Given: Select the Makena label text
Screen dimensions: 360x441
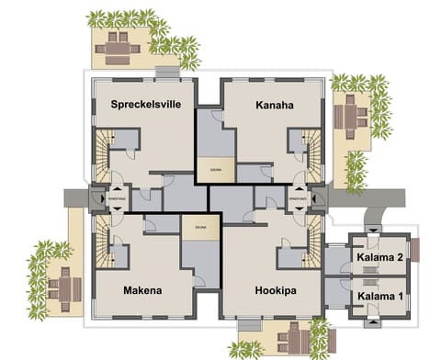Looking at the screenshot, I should (142, 291).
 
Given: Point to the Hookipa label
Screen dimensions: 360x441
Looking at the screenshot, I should (275, 291).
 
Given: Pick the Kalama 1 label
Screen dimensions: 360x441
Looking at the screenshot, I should (379, 296).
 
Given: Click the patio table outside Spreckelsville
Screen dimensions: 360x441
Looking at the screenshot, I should (118, 43).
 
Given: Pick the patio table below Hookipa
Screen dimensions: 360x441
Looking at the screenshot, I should (292, 335).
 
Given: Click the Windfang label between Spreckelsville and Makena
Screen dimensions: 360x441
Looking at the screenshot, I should (117, 198).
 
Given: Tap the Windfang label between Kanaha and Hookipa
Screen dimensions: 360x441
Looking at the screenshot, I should (297, 198).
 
